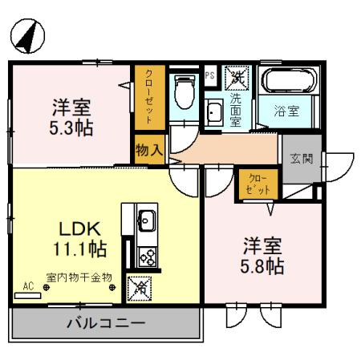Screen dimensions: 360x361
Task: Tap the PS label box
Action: (x=210, y=75)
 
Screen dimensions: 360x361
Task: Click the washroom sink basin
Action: (x=215, y=113)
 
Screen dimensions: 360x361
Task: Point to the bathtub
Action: (x=290, y=83)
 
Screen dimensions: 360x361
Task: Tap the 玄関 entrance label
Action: (x=301, y=157)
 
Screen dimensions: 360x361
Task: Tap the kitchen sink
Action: (x=147, y=217)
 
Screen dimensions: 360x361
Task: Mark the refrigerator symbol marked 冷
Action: (x=139, y=287)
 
